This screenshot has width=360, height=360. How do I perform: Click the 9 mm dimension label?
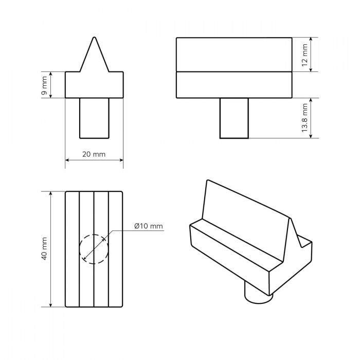[45, 85]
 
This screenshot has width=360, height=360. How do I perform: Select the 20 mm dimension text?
[94, 154]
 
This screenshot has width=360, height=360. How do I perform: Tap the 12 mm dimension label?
[304, 55]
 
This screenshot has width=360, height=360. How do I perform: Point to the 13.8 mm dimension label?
[304, 118]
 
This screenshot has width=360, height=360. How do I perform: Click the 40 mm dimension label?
[45, 248]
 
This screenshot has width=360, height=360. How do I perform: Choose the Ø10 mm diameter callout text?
[149, 226]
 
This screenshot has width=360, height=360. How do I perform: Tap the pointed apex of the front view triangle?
[94, 37]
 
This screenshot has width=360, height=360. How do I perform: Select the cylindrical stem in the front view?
[94, 118]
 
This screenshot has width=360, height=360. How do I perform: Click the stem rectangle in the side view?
[234, 118]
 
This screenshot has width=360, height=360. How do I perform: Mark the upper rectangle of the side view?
[234, 55]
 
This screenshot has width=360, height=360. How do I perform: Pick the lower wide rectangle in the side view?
[234, 85]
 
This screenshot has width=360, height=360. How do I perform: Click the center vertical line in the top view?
[94, 249]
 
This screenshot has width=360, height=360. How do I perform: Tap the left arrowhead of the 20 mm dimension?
[67, 160]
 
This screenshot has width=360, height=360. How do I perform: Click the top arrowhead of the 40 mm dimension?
[51, 193]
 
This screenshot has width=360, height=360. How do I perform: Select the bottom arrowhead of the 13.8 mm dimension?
[311, 136]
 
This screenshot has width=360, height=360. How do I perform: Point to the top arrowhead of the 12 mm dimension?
[311, 40]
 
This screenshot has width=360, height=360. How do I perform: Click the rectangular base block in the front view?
[94, 85]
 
